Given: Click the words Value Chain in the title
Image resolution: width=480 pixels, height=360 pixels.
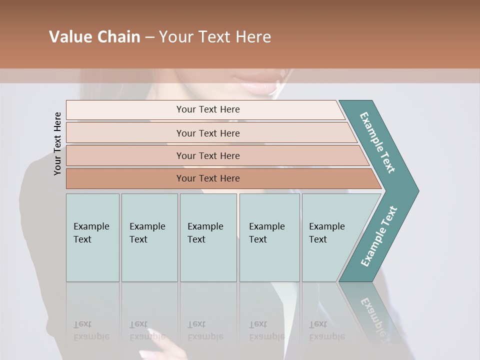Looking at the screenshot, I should coord(94,37).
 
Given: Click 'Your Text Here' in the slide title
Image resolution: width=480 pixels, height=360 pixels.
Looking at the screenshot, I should coord(215,37).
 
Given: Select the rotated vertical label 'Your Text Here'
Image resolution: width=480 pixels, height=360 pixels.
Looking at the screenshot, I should coord(57,143).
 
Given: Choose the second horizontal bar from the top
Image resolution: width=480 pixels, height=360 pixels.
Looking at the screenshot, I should coord(207,133).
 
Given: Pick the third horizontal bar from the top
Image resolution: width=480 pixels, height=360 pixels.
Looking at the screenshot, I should coord(207,155).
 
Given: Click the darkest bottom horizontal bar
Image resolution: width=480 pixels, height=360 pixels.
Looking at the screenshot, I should coord(207,178).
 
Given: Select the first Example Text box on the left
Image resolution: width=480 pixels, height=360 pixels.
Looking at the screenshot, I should coord(92,237).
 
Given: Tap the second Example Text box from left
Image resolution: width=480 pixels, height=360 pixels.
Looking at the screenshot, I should coord(149,237).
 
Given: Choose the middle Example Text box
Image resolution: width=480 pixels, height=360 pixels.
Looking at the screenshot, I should coord(208,237).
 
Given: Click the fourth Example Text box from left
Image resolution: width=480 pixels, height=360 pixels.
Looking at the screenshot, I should coord(269,237).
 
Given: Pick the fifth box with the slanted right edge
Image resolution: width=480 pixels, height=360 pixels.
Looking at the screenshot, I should coord(332,237).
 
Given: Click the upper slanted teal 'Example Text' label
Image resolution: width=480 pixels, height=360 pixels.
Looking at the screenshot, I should coord(377,142).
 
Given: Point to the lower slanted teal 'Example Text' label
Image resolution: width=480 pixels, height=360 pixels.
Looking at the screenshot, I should coord(379,236).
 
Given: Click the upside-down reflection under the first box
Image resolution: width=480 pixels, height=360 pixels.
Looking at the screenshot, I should coord(92,330).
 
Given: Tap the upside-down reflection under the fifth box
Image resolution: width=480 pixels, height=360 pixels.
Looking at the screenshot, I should coord(326,330).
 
